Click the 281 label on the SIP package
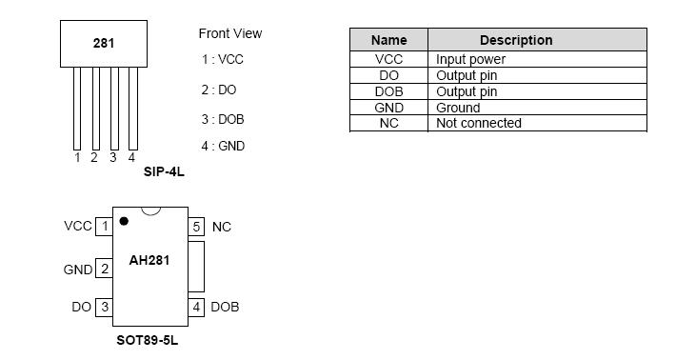(104, 43)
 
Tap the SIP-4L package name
(163, 172)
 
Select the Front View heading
(229, 33)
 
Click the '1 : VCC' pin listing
(222, 59)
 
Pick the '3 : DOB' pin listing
(223, 119)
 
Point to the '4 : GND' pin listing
(223, 146)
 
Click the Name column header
(388, 40)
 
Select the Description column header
(515, 40)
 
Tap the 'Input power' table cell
(470, 59)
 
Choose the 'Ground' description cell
(458, 108)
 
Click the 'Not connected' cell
(478, 123)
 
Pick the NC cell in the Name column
(388, 123)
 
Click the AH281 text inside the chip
(149, 260)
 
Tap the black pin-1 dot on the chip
(124, 221)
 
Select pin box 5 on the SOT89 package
(196, 227)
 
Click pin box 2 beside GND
(104, 269)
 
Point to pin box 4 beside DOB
(196, 307)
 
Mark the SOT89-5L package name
(147, 340)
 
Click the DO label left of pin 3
(81, 307)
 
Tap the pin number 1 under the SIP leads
(77, 158)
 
